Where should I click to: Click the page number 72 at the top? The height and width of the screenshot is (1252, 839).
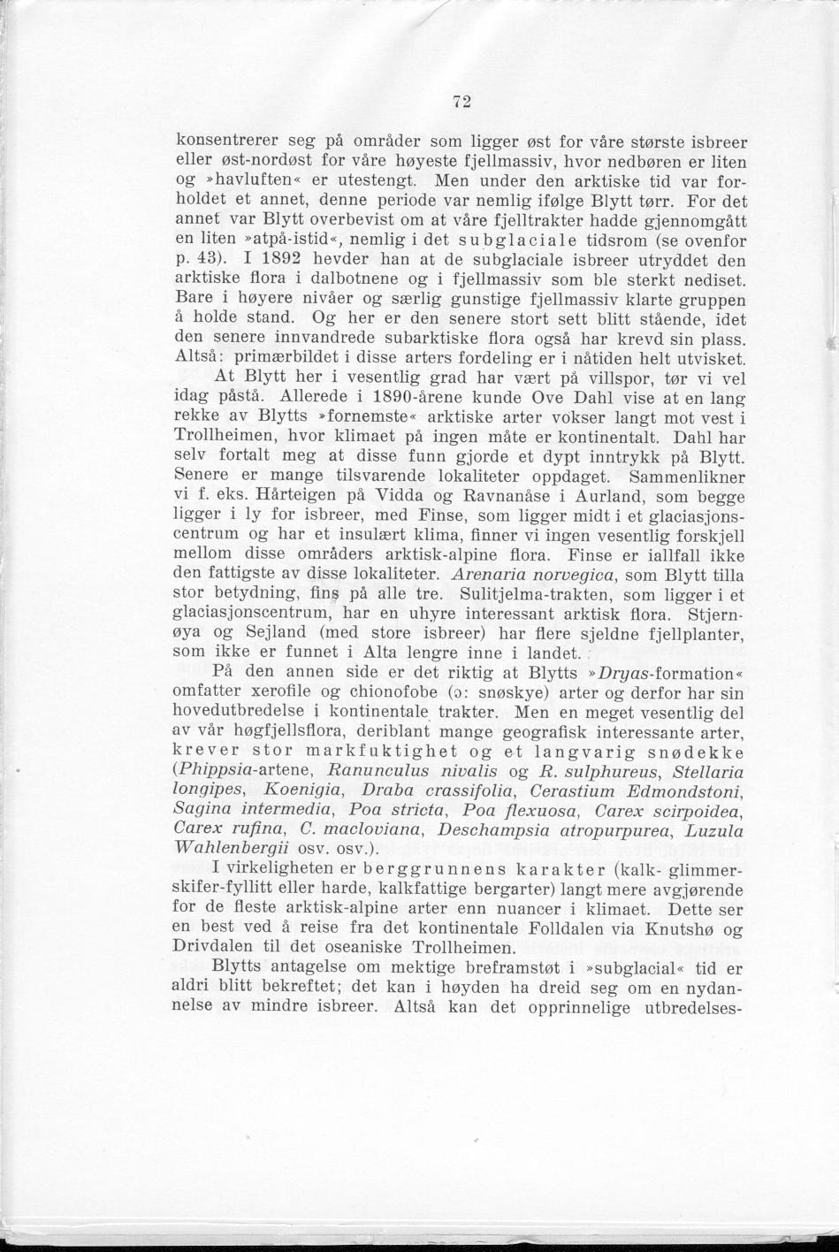coord(460,102)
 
